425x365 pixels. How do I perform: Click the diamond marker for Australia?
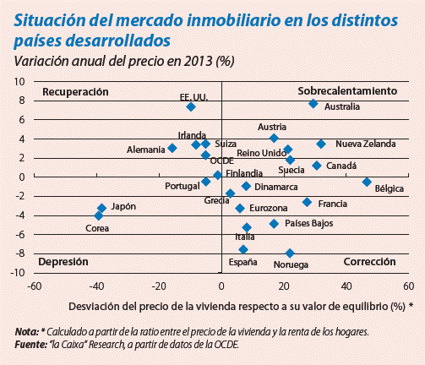[313, 103]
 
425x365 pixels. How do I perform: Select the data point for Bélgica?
[367, 182]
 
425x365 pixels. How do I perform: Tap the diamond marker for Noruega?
[290, 253]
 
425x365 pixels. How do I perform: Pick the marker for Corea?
[98, 216]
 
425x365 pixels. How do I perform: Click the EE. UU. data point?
[191, 106]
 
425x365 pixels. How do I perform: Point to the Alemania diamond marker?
[172, 148]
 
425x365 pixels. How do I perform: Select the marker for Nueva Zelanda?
[321, 144]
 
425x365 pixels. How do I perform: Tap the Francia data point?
[307, 202]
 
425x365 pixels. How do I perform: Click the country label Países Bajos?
[308, 224]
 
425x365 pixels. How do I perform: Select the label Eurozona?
[270, 208]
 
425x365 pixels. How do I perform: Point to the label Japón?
[123, 205]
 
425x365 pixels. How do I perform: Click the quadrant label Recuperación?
[76, 90]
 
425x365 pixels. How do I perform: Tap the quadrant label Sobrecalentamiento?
[347, 90]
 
